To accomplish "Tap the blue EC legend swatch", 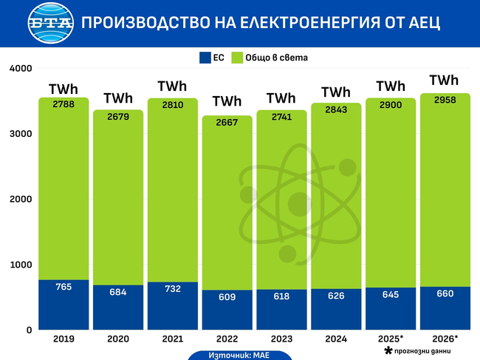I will click(x=205, y=57).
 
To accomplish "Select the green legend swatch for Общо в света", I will click(x=238, y=57).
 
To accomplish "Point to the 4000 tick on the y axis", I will click(x=21, y=69).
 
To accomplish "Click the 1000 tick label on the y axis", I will click(x=21, y=265).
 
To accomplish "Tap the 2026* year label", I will click(x=445, y=339).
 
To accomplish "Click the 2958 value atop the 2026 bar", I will click(x=445, y=99).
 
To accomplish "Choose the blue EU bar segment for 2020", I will click(x=117, y=308).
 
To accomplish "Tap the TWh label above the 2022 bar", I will click(x=227, y=101).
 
